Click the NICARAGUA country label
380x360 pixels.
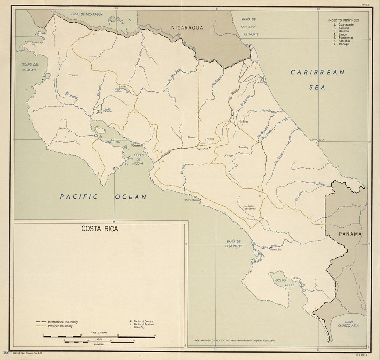[x=187, y=27]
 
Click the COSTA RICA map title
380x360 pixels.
[x=100, y=229]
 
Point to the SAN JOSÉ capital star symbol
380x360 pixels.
[x=210, y=148]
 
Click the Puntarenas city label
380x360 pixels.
[x=137, y=146]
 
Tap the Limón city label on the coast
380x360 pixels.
[x=321, y=140]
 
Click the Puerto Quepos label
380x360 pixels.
[x=193, y=200]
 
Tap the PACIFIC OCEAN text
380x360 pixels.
[x=103, y=197]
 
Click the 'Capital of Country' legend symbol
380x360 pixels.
[x=131, y=321]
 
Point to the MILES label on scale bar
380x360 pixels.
[x=99, y=339]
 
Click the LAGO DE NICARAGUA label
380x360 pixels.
[x=87, y=14]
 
